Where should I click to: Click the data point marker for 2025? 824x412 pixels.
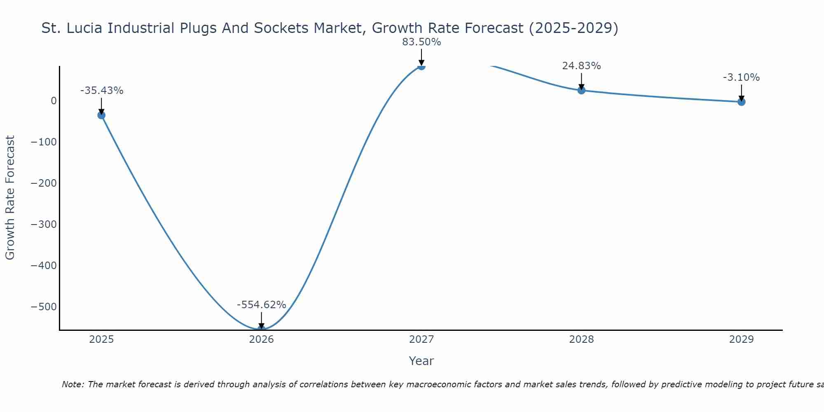(101, 115)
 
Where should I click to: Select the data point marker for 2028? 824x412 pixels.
(581, 90)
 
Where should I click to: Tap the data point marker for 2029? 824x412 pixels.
(741, 102)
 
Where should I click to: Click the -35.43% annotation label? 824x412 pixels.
(102, 91)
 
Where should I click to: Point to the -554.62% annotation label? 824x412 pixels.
(261, 305)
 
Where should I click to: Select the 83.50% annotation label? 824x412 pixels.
(421, 42)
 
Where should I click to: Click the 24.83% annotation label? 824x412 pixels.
(581, 66)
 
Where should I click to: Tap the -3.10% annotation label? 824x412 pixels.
(741, 77)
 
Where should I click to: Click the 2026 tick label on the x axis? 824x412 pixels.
(261, 339)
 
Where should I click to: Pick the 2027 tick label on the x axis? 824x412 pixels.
(421, 339)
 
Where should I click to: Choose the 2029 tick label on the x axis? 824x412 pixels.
(741, 339)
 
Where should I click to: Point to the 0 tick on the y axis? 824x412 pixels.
(54, 101)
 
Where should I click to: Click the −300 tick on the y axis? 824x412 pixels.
(44, 225)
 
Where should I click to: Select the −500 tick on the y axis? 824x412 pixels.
(44, 307)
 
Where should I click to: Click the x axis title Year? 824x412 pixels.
(421, 361)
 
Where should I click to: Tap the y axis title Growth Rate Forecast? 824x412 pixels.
(10, 198)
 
